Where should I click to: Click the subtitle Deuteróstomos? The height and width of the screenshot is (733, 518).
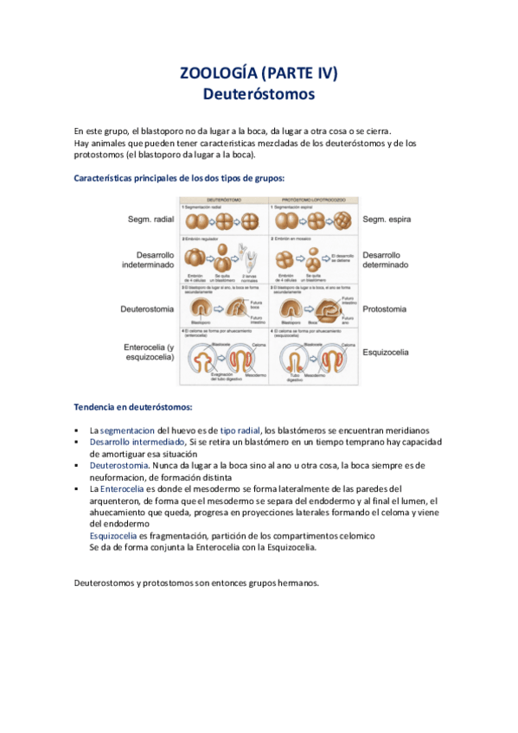pyautogui.click(x=259, y=92)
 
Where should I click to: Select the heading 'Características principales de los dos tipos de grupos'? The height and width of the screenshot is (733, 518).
pyautogui.click(x=179, y=178)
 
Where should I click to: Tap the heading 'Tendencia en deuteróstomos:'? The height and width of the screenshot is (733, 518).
pyautogui.click(x=133, y=406)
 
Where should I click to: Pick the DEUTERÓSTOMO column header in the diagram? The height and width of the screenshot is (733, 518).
pyautogui.click(x=223, y=199)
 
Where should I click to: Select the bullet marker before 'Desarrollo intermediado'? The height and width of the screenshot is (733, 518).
pyautogui.click(x=77, y=442)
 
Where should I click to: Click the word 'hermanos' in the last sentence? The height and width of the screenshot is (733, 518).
pyautogui.click(x=294, y=583)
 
